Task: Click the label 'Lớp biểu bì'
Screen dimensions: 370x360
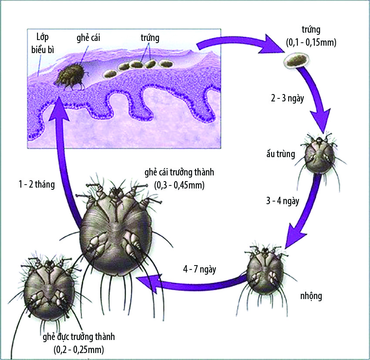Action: (x=43, y=44)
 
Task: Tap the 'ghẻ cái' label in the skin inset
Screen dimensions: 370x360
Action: (x=88, y=38)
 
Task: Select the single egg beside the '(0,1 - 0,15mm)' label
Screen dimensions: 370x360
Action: (x=296, y=61)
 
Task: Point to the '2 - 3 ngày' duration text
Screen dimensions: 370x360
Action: (x=287, y=98)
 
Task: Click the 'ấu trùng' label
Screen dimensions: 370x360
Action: (x=281, y=154)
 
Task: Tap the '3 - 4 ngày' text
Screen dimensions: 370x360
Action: (x=283, y=201)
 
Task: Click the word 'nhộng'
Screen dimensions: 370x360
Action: (x=311, y=296)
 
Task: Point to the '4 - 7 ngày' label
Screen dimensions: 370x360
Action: (x=199, y=269)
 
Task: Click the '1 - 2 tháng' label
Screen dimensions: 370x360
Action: (x=37, y=184)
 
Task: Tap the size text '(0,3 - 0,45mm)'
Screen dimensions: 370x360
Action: (x=179, y=185)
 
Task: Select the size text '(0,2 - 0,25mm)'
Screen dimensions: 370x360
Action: (x=79, y=350)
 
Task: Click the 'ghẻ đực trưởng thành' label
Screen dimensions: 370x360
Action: (x=79, y=337)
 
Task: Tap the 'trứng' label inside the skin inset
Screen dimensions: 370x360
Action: (x=150, y=38)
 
